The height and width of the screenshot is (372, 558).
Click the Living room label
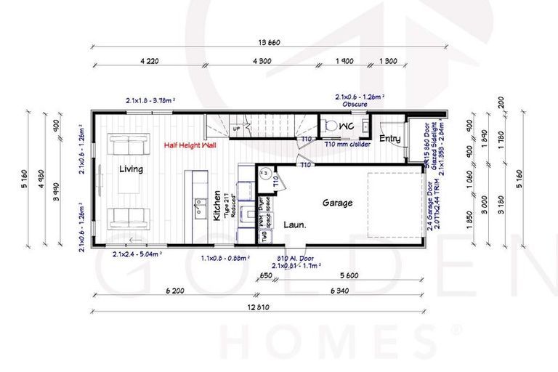(x=131, y=169)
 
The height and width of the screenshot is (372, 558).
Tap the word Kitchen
(x=216, y=207)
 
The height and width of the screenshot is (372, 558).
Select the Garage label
(x=338, y=203)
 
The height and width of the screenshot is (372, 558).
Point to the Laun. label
(x=294, y=225)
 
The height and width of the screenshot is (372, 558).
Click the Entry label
(x=389, y=138)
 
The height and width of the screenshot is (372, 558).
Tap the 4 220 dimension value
(x=149, y=61)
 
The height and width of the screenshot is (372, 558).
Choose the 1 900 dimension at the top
(x=344, y=61)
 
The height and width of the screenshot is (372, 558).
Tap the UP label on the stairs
(x=237, y=129)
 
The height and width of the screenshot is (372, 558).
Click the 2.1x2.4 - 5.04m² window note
(x=137, y=254)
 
